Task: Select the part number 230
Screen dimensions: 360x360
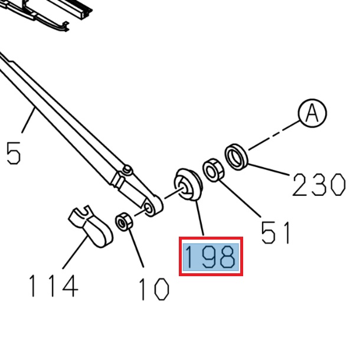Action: coord(318,185)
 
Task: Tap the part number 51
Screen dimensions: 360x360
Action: coord(276,233)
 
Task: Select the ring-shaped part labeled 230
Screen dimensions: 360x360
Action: coord(237,156)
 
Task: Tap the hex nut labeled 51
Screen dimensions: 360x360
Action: coord(212,171)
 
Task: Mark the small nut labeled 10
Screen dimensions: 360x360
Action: coord(124,222)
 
